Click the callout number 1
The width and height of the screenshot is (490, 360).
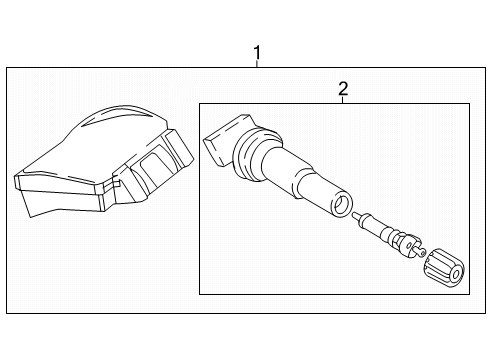tap(257, 52)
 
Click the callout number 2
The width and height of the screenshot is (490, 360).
tap(343, 88)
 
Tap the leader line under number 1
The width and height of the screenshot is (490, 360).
tap(257, 64)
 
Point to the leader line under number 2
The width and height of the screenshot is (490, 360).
tap(343, 100)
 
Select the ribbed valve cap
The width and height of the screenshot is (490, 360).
tap(444, 268)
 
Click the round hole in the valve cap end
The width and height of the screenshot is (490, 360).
tap(456, 274)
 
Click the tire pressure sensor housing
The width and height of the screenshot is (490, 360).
tap(103, 161)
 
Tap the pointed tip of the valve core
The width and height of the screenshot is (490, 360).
tap(355, 214)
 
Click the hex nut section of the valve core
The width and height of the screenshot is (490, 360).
tap(407, 245)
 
